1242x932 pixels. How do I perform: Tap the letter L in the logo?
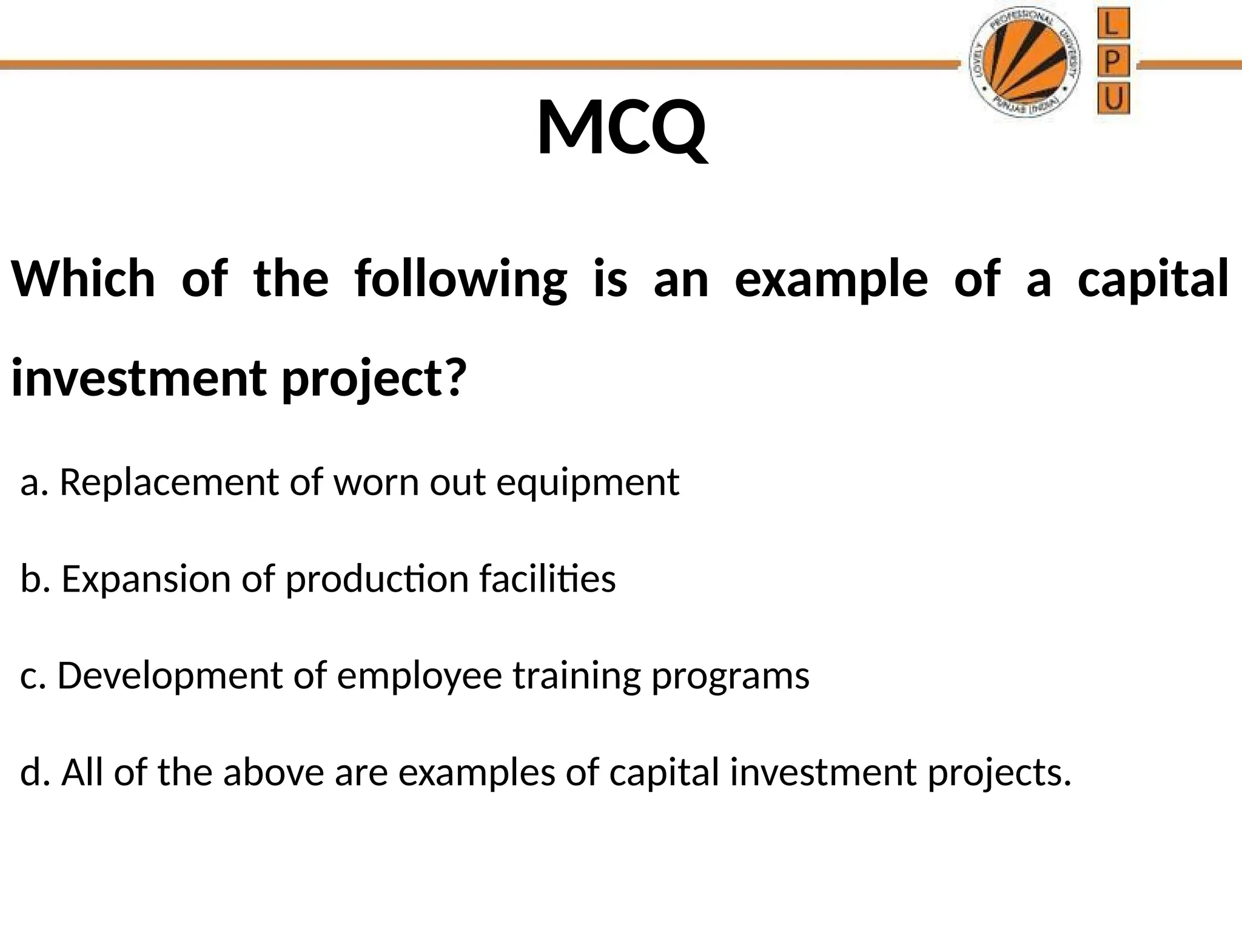(1113, 25)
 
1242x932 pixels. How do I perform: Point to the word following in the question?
(461, 280)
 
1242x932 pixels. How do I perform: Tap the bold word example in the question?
(831, 280)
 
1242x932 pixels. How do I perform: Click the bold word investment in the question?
(138, 379)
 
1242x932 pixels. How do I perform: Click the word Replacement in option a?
(169, 483)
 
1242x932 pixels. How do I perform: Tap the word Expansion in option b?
(146, 579)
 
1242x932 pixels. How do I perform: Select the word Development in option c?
(170, 676)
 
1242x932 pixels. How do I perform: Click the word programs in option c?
(730, 677)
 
